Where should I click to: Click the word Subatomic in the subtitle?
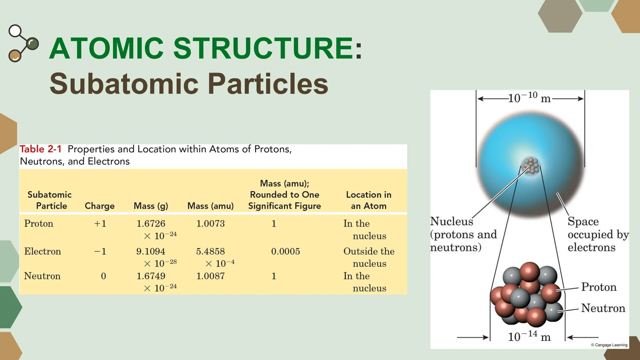pyautogui.click(x=124, y=84)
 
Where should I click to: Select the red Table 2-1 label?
pyautogui.click(x=41, y=149)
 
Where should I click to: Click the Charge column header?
pyautogui.click(x=99, y=206)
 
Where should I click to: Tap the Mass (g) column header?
pyautogui.click(x=151, y=206)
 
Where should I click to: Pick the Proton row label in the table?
pyautogui.click(x=39, y=224)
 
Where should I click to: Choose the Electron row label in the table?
pyautogui.click(x=42, y=252)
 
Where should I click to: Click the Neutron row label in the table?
pyautogui.click(x=42, y=276)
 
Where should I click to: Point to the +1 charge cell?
pyautogui.click(x=100, y=224)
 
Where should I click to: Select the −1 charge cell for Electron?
pyautogui.click(x=100, y=252)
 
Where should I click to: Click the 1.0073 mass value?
pyautogui.click(x=210, y=224)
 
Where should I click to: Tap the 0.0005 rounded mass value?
pyautogui.click(x=285, y=252)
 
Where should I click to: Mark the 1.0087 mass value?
pyautogui.click(x=210, y=276)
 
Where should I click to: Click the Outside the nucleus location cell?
pyautogui.click(x=369, y=257)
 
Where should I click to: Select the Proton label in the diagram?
pyautogui.click(x=599, y=287)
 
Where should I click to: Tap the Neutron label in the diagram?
pyautogui.click(x=603, y=308)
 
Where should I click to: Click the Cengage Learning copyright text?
pyautogui.click(x=609, y=345)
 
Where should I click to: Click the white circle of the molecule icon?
pyautogui.click(x=15, y=31)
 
